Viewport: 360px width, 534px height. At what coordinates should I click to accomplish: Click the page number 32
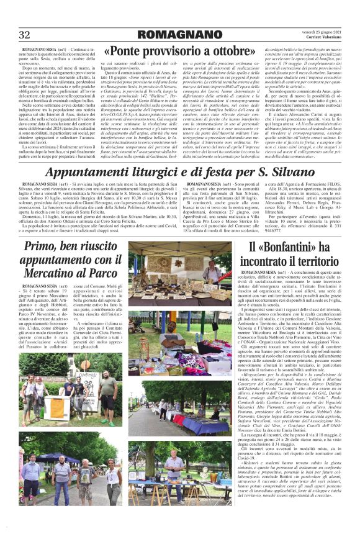(25, 35)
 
